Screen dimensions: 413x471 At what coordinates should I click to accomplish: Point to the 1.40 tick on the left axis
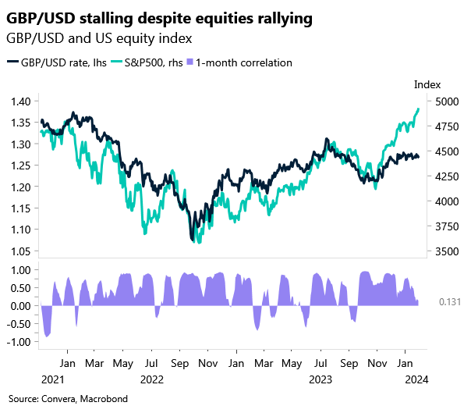pyautogui.click(x=20, y=101)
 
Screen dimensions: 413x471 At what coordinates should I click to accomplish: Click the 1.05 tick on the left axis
pyautogui.click(x=20, y=251)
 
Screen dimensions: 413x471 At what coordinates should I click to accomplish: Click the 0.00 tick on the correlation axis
pyautogui.click(x=20, y=306)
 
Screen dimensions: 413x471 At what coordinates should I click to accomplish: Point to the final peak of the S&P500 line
pyautogui.click(x=419, y=109)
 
